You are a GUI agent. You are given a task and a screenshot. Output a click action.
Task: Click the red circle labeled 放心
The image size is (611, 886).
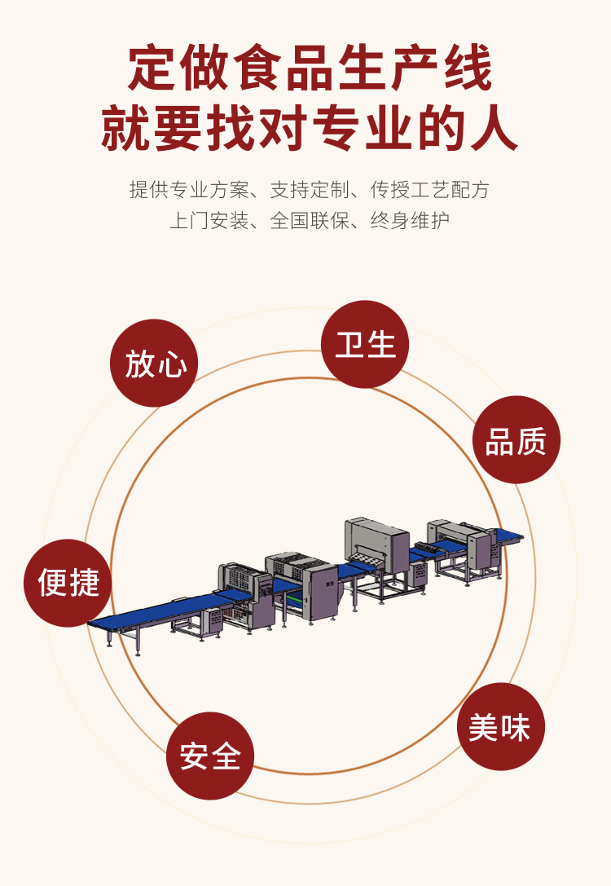click(154, 363)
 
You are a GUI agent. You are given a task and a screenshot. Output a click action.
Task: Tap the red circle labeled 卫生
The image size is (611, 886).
click(365, 344)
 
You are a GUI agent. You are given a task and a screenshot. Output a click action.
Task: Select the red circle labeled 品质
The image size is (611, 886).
click(516, 440)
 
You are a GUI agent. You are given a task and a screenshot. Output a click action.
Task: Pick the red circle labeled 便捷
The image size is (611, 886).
click(68, 583)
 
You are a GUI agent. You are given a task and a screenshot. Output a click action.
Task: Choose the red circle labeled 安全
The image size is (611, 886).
click(210, 756)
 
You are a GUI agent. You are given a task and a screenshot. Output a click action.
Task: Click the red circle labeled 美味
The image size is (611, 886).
click(500, 726)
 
